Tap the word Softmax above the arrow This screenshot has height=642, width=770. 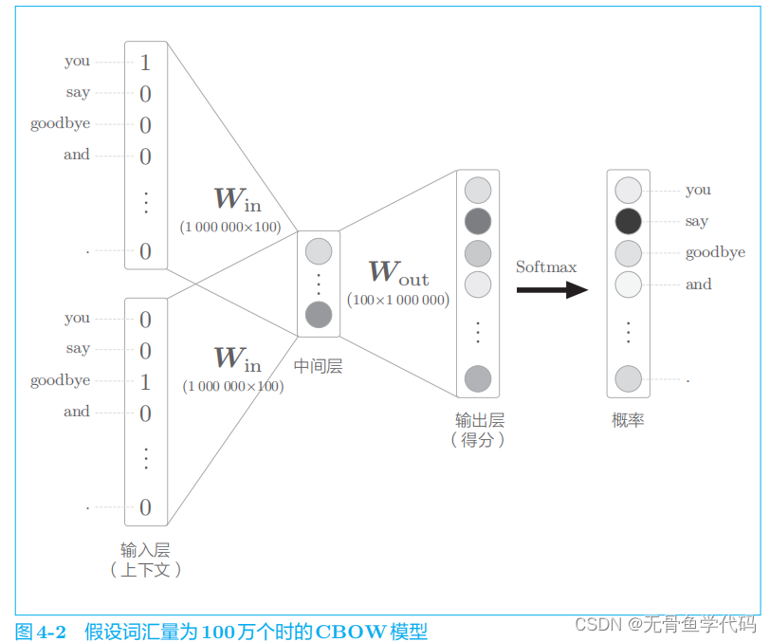coord(546,267)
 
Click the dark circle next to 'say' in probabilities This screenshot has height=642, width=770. coord(628,222)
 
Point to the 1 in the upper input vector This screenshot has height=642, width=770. coord(145,64)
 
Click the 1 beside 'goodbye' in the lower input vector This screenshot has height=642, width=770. coord(145,382)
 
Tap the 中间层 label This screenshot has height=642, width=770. coord(318,366)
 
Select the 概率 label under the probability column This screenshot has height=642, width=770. coord(628,420)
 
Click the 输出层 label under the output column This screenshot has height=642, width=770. coord(479,420)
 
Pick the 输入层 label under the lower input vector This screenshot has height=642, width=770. coord(145,550)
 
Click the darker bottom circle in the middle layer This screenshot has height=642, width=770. coord(319,314)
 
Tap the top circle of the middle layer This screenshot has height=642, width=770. coord(319,251)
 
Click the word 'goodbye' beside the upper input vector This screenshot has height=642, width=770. coord(60,124)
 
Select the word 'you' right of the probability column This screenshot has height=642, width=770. coord(698,190)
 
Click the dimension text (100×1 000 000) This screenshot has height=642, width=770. coord(397,301)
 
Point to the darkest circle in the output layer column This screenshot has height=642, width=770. coord(478,222)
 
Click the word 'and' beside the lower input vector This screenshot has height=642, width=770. coord(77,412)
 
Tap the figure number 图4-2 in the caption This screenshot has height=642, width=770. coord(41,631)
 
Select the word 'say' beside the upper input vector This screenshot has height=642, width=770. coord(78,92)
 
